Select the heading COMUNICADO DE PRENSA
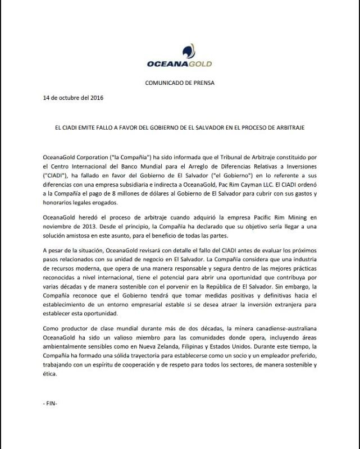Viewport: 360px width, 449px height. [180, 83]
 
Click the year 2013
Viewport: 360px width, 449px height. [85, 226]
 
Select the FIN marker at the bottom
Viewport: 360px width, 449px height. [50, 403]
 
